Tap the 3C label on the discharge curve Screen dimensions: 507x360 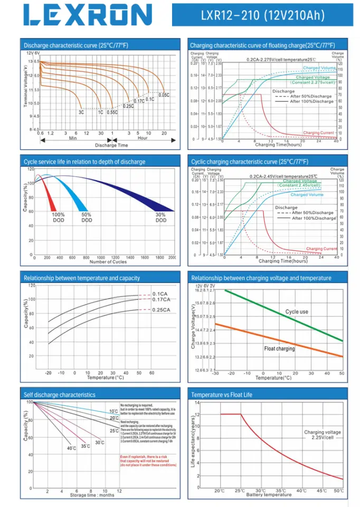81,112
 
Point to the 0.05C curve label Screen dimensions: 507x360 164,95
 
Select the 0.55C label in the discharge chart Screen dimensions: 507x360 112,112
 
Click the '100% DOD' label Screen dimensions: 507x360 58,218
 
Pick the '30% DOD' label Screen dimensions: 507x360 161,218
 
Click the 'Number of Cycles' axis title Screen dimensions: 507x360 108,262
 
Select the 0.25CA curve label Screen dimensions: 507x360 162,309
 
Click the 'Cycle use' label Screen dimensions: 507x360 296,312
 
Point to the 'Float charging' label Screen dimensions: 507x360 279,349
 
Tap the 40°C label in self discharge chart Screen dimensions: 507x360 71,448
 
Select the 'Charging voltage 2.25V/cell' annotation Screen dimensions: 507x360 322,435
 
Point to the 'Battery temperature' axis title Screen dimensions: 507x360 269,495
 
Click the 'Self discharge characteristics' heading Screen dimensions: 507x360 60,395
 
